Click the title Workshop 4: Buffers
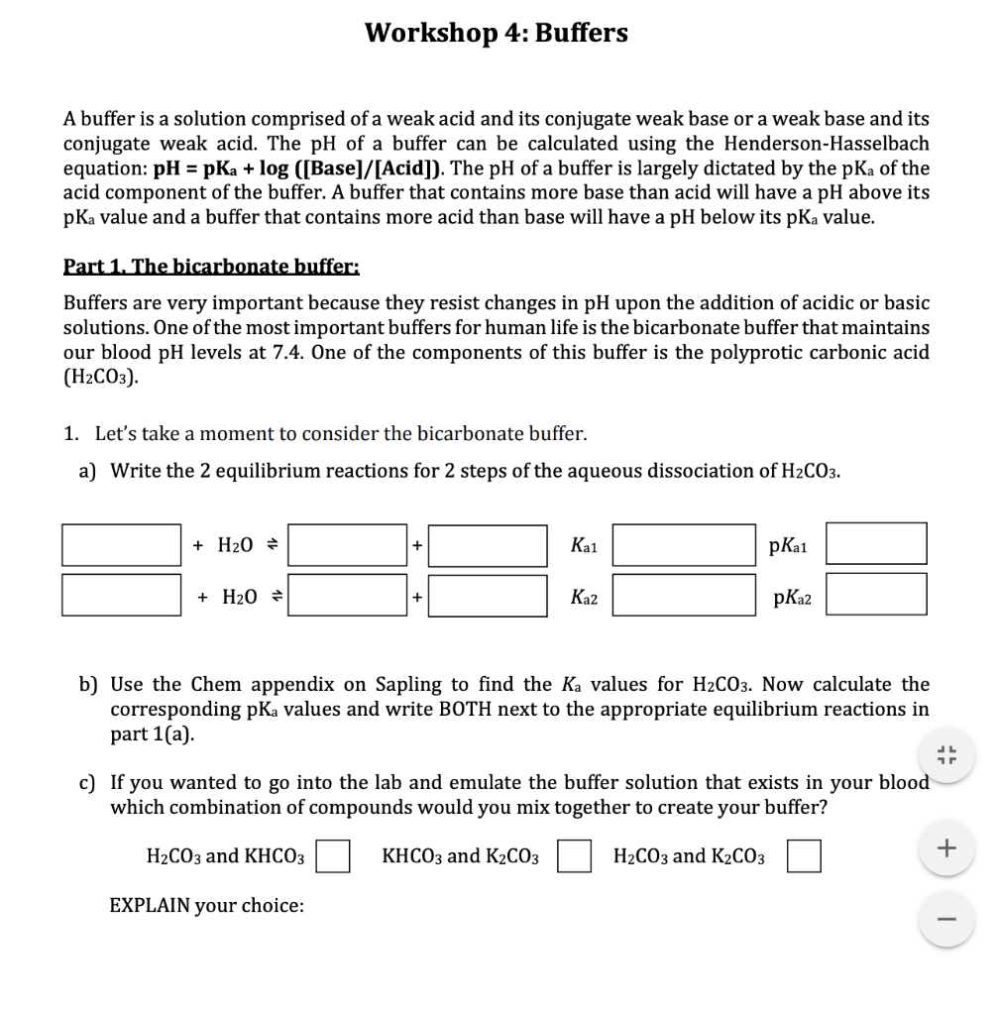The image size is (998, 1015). [496, 33]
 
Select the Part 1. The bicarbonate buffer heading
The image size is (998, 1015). [211, 266]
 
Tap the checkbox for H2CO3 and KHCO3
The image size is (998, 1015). [333, 856]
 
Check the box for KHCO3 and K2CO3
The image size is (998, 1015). [575, 856]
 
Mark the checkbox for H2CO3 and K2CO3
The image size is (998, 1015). [804, 856]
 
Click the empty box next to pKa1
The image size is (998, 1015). [876, 544]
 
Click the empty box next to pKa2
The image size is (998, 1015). [876, 595]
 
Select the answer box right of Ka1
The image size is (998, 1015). [684, 544]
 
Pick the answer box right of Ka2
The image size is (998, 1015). [684, 595]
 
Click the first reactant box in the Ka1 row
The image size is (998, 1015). [121, 544]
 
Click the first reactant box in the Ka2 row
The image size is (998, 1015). [121, 595]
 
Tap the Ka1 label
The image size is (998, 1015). [585, 544]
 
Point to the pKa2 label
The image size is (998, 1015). [790, 596]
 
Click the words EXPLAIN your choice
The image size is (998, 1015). [206, 905]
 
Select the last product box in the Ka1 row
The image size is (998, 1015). [488, 544]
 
